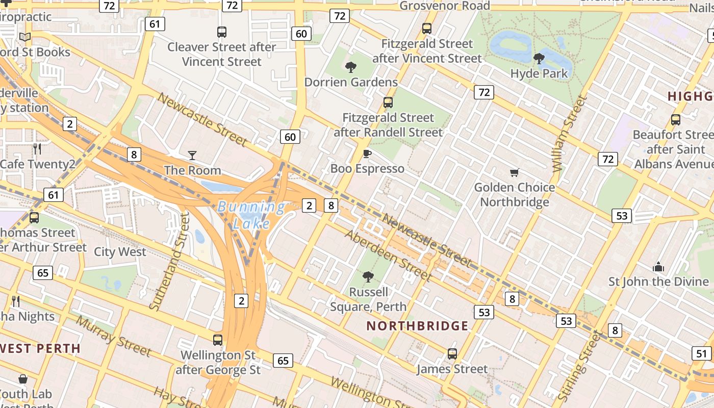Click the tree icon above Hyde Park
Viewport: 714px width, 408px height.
click(x=539, y=59)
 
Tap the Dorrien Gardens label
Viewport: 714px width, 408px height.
click(x=351, y=82)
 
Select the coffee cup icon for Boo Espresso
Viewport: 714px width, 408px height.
click(x=367, y=154)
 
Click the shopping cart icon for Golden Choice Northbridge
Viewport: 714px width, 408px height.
click(x=514, y=173)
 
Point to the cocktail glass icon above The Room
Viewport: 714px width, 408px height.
click(x=192, y=155)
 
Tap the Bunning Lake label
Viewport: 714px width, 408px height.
click(x=251, y=215)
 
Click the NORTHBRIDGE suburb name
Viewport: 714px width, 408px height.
click(x=417, y=326)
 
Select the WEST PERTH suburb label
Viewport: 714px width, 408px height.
click(x=40, y=349)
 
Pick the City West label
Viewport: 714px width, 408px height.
click(x=120, y=252)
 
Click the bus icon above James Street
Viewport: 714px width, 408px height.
click(x=452, y=353)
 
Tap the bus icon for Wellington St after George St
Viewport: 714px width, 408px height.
click(x=218, y=340)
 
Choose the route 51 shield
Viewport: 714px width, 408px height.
click(x=701, y=353)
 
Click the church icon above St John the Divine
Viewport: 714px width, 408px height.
click(x=658, y=267)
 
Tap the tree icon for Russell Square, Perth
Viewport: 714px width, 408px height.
click(x=368, y=277)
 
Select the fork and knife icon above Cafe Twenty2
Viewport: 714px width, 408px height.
click(x=37, y=149)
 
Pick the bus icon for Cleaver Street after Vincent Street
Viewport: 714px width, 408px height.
click(x=222, y=32)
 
